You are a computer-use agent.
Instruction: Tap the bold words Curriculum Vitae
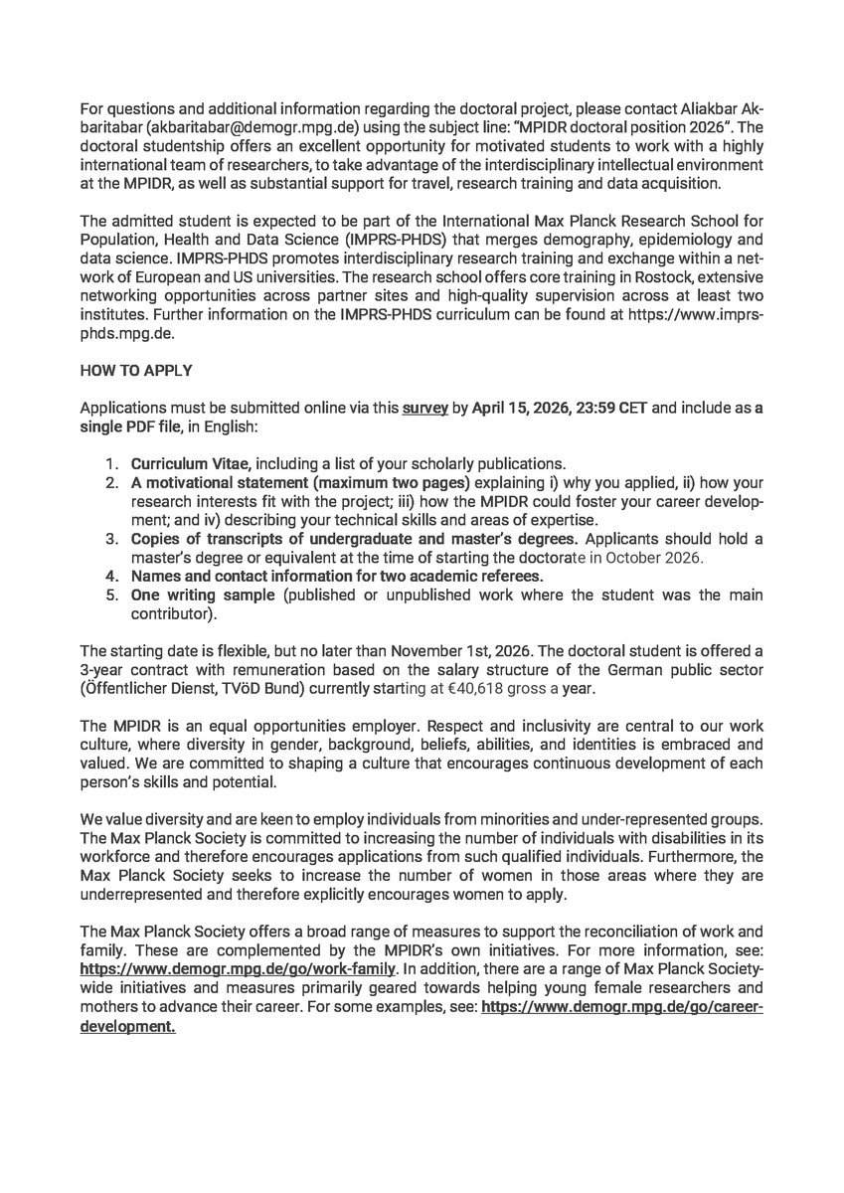[182, 463]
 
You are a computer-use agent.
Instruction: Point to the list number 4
[113, 576]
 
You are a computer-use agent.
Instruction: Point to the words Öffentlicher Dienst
[150, 687]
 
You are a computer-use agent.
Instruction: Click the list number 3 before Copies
[113, 538]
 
